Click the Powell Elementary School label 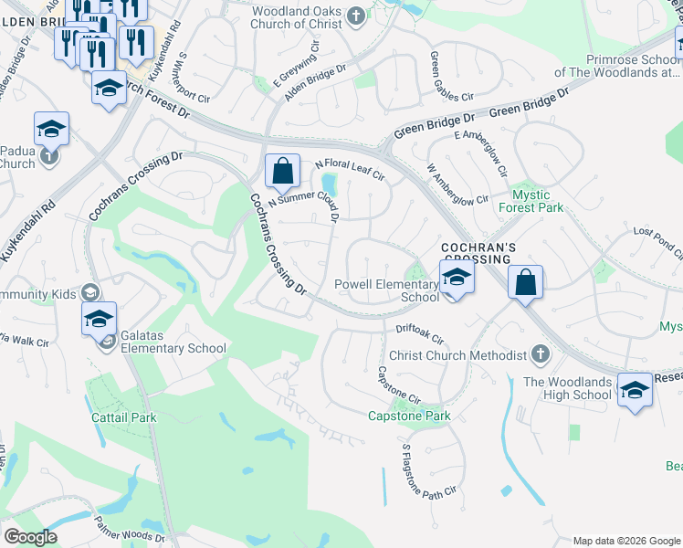[x=387, y=290]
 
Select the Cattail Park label [x=123, y=417]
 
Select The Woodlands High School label [x=567, y=388]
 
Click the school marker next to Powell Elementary [x=457, y=278]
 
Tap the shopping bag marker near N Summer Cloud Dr [x=282, y=171]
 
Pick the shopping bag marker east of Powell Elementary [x=526, y=283]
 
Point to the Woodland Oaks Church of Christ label [x=300, y=16]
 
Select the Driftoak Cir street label [x=419, y=332]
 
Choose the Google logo [x=31, y=538]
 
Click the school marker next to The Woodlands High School [x=634, y=390]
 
